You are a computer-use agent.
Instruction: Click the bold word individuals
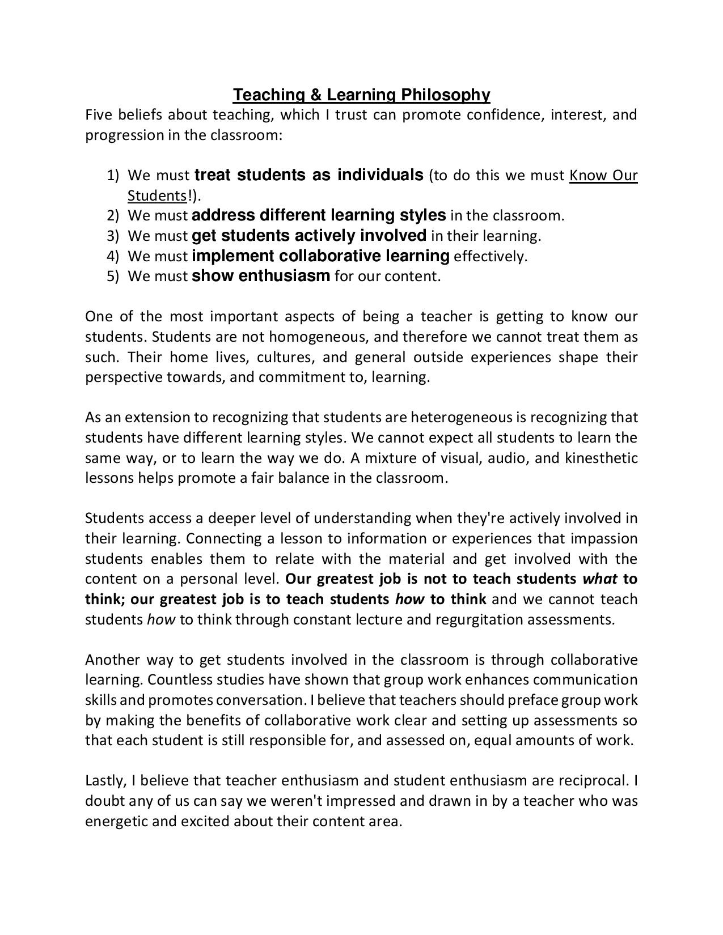[380, 175]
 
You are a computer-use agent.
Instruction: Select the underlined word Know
[587, 176]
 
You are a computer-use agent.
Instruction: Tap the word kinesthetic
[601, 458]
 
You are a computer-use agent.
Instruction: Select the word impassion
[604, 538]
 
